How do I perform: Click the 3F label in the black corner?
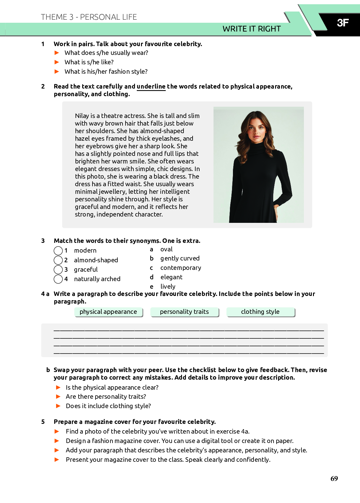tap(343, 23)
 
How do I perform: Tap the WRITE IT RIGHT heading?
tap(251, 29)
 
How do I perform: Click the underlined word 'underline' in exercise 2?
tap(151, 86)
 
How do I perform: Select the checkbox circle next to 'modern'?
tap(58, 251)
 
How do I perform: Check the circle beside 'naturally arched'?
tap(58, 279)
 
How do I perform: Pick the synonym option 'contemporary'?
tap(180, 268)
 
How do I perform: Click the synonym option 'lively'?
tap(168, 287)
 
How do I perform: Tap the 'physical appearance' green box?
tap(108, 312)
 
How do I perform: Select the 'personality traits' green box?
tap(184, 312)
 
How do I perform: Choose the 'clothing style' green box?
tap(260, 312)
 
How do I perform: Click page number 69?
tap(334, 478)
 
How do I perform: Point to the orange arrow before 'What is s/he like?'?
tap(57, 62)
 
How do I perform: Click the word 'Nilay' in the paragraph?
tap(82, 116)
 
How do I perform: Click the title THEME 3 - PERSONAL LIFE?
tap(89, 17)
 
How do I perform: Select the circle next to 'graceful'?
tap(58, 270)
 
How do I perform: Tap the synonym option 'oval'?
tap(166, 249)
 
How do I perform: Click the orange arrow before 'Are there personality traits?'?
tap(58, 397)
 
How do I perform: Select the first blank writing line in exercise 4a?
tap(189, 330)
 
